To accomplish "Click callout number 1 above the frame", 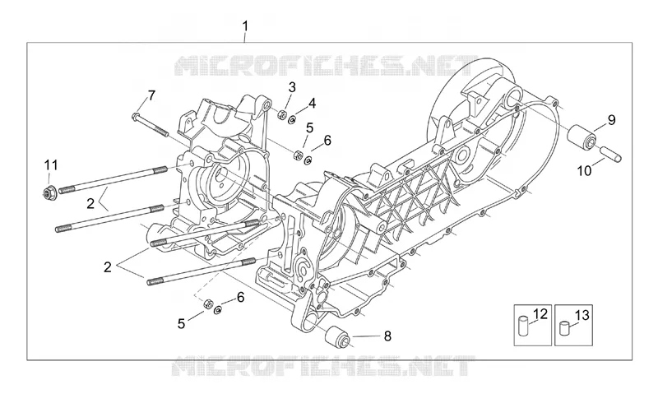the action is (x=245, y=26).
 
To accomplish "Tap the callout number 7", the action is (x=151, y=95).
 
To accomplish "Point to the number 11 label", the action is (x=51, y=165).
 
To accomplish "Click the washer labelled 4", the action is (x=292, y=120).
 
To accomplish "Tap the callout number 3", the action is (x=292, y=87).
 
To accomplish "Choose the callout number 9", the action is (x=612, y=120).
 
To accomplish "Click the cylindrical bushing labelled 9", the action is (x=582, y=136).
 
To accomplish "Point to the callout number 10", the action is (x=584, y=170).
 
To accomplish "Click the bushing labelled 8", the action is (x=337, y=336).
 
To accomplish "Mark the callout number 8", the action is (x=387, y=336).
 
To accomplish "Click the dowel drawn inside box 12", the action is (x=523, y=327).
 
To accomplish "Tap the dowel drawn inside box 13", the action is (x=564, y=328).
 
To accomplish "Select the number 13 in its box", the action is (x=582, y=315).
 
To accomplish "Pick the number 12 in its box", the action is (x=540, y=313).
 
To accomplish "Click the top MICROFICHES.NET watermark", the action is (x=326, y=66).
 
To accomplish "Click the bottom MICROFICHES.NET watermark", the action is (x=323, y=366).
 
